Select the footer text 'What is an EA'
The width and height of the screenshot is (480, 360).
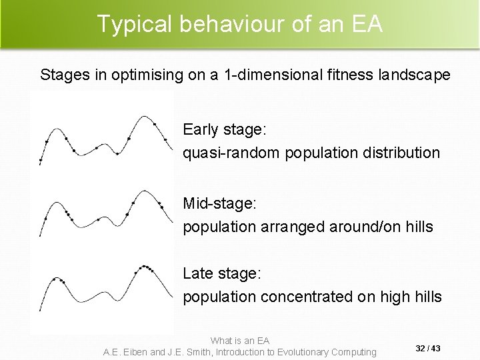coord(239,341)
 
